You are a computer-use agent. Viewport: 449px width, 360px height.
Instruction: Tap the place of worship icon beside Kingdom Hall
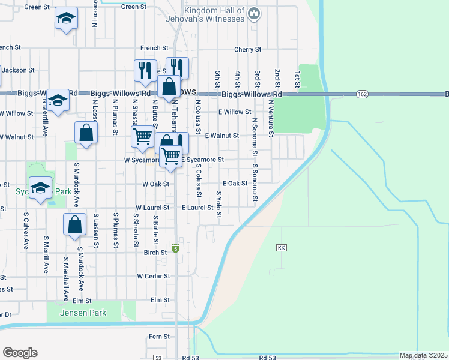pyautogui.click(x=254, y=12)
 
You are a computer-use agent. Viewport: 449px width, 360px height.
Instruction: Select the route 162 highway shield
pyautogui.click(x=361, y=94)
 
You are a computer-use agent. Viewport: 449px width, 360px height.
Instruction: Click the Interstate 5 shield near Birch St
pyautogui.click(x=175, y=248)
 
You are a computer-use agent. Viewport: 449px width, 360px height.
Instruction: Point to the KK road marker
pyautogui.click(x=282, y=248)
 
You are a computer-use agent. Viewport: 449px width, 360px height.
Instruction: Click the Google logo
pyautogui.click(x=20, y=352)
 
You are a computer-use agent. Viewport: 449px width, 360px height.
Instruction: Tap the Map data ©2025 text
pyautogui.click(x=423, y=355)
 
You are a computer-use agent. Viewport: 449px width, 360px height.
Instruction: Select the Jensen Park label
pyautogui.click(x=85, y=313)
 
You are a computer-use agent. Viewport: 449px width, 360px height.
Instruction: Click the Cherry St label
pyautogui.click(x=248, y=49)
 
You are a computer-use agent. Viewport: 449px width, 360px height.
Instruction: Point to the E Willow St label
pyautogui.click(x=235, y=112)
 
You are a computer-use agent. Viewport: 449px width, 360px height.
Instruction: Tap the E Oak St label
pyautogui.click(x=235, y=184)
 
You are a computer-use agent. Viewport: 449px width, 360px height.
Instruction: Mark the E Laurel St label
pyautogui.click(x=197, y=208)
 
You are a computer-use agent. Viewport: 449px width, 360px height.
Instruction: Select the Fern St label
pyautogui.click(x=160, y=337)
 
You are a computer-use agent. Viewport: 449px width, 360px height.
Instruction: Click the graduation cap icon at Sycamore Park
pyautogui.click(x=40, y=188)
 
